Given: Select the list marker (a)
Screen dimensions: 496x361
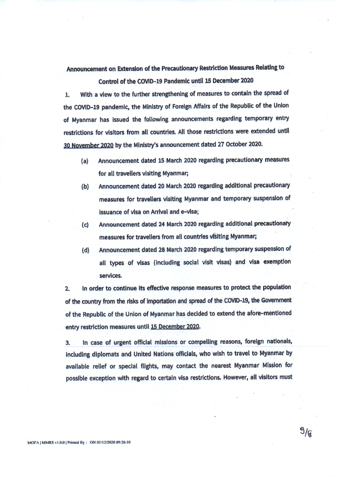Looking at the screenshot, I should point(85,162).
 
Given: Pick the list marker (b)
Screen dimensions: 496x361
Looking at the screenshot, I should point(85,187).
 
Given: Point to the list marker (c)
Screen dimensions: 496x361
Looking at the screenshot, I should point(85,225).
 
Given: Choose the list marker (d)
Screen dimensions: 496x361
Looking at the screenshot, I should point(85,250).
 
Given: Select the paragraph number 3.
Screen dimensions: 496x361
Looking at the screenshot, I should point(67,343).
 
